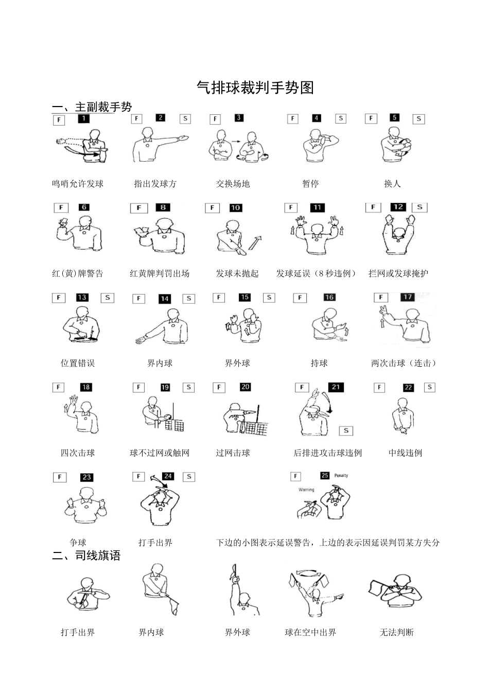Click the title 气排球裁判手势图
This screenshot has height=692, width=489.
(x=255, y=88)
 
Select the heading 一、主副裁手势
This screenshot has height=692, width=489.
(x=92, y=107)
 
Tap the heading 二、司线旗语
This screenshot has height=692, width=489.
(x=86, y=556)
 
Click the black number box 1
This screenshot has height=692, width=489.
(x=84, y=119)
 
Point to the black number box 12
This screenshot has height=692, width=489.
(x=398, y=207)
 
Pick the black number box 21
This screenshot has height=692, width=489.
(x=336, y=387)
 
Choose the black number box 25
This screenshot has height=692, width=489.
(x=324, y=475)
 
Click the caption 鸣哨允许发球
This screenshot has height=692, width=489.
(x=78, y=184)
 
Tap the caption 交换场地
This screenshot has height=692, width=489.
(x=233, y=184)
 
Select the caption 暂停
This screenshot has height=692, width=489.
(x=310, y=184)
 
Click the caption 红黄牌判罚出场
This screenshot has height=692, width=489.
(x=160, y=273)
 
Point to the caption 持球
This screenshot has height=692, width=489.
(x=319, y=363)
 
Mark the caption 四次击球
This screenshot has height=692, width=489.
(x=78, y=453)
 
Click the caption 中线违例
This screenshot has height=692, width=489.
(x=405, y=453)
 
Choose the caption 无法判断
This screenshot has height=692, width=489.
(x=396, y=632)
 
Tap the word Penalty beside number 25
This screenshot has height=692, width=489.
(x=341, y=475)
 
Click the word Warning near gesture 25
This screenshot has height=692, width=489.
(x=306, y=490)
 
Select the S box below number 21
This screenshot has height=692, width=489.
(x=346, y=430)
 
